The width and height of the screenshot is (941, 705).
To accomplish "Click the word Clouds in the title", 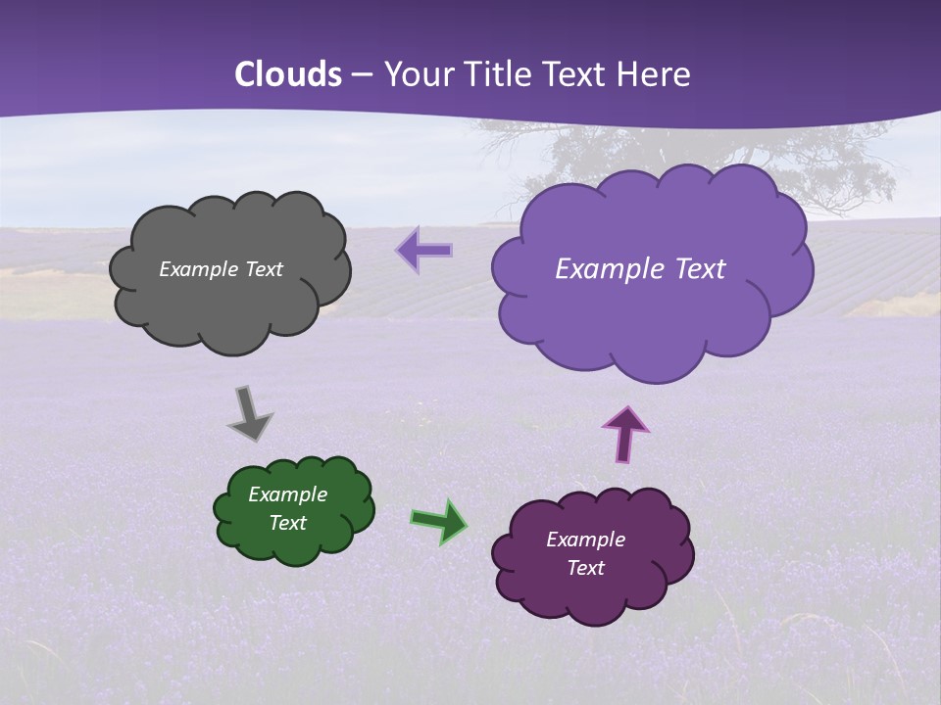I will point(288,74).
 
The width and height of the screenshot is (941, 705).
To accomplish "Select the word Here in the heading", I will point(655,74).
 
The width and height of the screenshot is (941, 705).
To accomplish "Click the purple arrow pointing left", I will point(424,251).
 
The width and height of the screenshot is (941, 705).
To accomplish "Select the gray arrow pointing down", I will point(249,413).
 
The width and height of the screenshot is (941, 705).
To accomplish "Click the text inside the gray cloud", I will point(221,269).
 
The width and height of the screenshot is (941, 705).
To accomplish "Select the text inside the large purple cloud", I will point(640,269).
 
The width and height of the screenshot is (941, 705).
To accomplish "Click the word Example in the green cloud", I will point(287,494).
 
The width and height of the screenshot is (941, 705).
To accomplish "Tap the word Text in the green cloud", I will point(287,523).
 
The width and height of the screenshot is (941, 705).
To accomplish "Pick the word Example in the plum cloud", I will point(585,540).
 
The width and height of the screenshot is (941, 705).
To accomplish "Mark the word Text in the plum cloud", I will point(585,568).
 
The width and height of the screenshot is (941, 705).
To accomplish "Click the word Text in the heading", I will point(578,74).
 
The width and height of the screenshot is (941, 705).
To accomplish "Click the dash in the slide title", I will point(362,75).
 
